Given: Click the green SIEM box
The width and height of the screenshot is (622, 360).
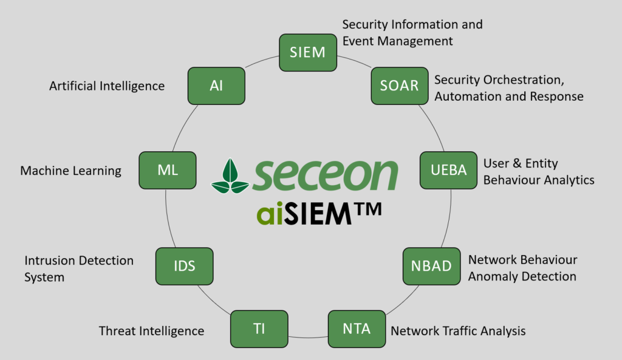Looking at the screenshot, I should (x=307, y=52).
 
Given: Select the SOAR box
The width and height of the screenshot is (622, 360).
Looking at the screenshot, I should (x=399, y=86).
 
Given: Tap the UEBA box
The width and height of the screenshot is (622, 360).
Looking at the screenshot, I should (x=448, y=170).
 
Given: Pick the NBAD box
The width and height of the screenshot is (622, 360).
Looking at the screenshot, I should (x=431, y=266).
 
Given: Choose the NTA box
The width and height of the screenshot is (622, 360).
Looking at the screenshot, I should (x=357, y=329).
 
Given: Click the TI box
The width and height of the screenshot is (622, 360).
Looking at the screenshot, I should (x=259, y=329).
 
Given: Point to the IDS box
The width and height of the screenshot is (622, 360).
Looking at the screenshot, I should (x=184, y=266).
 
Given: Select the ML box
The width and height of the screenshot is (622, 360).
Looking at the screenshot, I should (x=168, y=170).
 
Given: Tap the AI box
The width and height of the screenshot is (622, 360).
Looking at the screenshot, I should (x=216, y=86).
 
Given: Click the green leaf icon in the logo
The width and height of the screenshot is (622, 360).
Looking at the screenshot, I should (x=230, y=176).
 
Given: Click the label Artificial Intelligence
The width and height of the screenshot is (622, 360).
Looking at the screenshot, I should (x=107, y=86).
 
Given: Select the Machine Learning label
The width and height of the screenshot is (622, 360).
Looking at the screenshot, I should (x=71, y=171).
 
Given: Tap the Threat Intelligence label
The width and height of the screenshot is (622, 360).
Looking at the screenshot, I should (x=151, y=331).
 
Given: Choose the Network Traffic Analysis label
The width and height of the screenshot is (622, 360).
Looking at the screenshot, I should (x=458, y=331).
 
